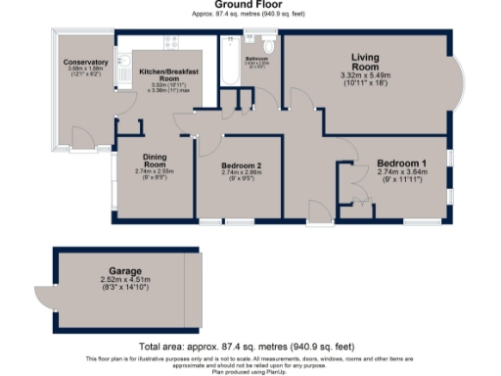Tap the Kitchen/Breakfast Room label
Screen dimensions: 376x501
[x=169, y=76]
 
